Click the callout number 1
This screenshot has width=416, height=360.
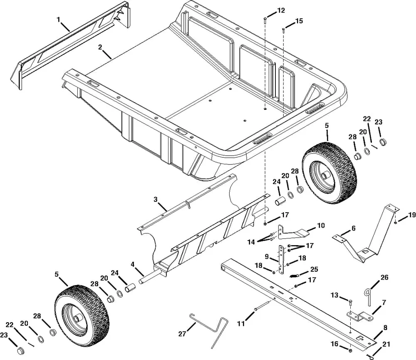coord(59,19)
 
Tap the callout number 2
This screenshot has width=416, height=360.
coord(100,47)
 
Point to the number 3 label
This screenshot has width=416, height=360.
coord(156,200)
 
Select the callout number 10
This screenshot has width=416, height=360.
coord(321,226)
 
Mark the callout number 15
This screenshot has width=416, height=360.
coord(299,21)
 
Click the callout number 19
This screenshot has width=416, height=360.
coord(411,215)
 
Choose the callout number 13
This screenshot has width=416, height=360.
coord(335,295)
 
